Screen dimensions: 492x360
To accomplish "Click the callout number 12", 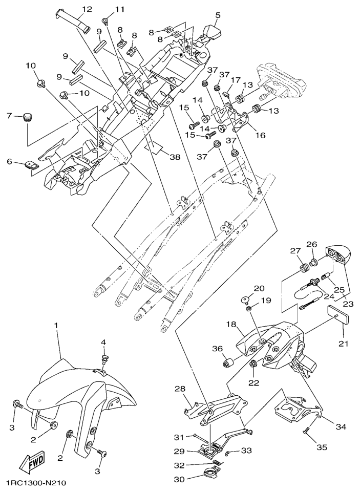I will [86, 9].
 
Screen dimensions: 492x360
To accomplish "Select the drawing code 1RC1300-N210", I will [36, 483].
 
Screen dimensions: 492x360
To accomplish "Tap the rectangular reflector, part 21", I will [337, 312].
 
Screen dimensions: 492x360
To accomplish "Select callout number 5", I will [218, 15].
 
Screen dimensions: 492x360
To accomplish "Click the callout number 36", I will [217, 349].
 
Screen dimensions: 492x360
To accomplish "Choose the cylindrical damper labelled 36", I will [228, 363].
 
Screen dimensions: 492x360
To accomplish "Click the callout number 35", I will [321, 447].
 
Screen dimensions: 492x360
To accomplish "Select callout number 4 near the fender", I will [103, 342].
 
